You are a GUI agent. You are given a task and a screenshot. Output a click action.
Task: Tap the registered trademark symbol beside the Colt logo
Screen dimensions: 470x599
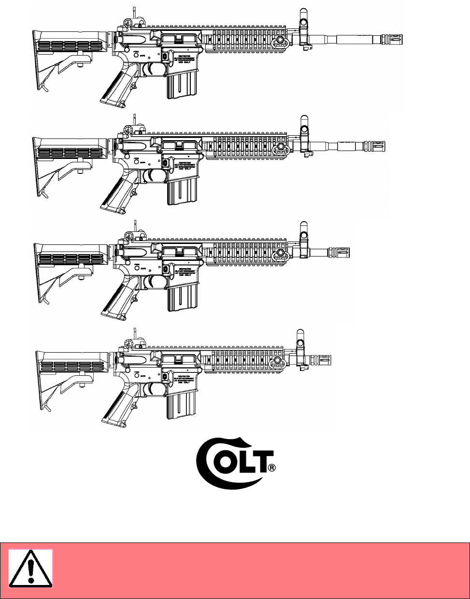coord(272,468)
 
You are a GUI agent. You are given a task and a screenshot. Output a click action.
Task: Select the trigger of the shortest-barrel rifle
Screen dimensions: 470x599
coord(155,388)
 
